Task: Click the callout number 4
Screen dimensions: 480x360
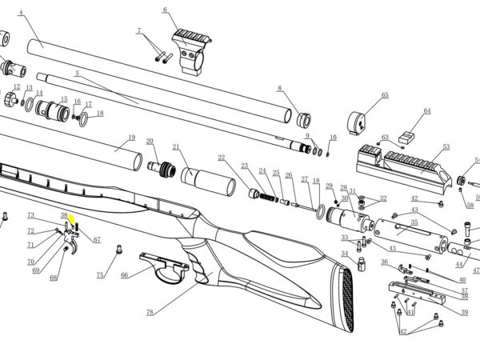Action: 21,13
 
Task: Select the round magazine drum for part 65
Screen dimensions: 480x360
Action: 357,122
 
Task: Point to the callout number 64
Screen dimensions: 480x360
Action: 427,110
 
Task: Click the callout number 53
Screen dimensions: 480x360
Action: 446,146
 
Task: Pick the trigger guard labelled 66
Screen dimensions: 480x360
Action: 164,266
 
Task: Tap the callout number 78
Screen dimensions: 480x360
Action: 150,312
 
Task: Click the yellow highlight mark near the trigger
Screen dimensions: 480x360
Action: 72,219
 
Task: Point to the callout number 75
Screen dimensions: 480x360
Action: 100,275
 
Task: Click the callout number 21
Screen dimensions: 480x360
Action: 176,147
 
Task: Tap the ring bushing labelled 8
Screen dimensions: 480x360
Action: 304,120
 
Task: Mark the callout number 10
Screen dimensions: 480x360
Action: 333,138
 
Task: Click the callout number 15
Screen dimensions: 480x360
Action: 64,99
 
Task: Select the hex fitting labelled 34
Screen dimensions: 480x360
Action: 362,264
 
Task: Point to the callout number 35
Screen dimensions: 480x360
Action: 414,222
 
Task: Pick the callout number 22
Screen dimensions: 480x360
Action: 222,158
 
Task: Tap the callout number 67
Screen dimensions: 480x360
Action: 97,239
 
